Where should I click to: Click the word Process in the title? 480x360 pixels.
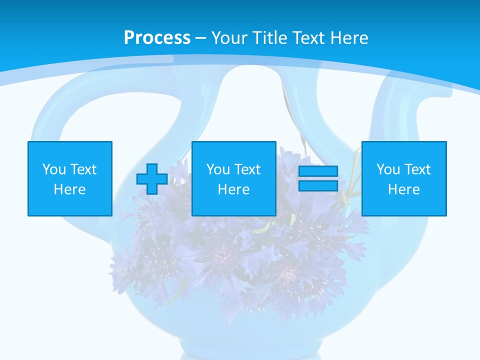(x=157, y=38)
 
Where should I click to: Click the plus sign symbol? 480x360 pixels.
(x=152, y=179)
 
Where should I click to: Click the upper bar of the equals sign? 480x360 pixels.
(x=318, y=171)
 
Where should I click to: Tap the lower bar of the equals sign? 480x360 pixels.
(x=318, y=185)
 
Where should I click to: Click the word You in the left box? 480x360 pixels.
(x=54, y=169)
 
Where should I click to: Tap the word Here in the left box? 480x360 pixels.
(x=70, y=189)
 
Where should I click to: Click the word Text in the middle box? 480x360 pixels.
(x=247, y=169)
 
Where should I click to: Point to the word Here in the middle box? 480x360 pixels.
(x=234, y=189)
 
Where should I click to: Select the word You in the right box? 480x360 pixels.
(x=388, y=169)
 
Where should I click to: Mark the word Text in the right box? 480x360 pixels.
(x=417, y=169)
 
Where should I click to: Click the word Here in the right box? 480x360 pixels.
(x=404, y=189)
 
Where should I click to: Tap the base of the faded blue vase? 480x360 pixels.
(x=240, y=345)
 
